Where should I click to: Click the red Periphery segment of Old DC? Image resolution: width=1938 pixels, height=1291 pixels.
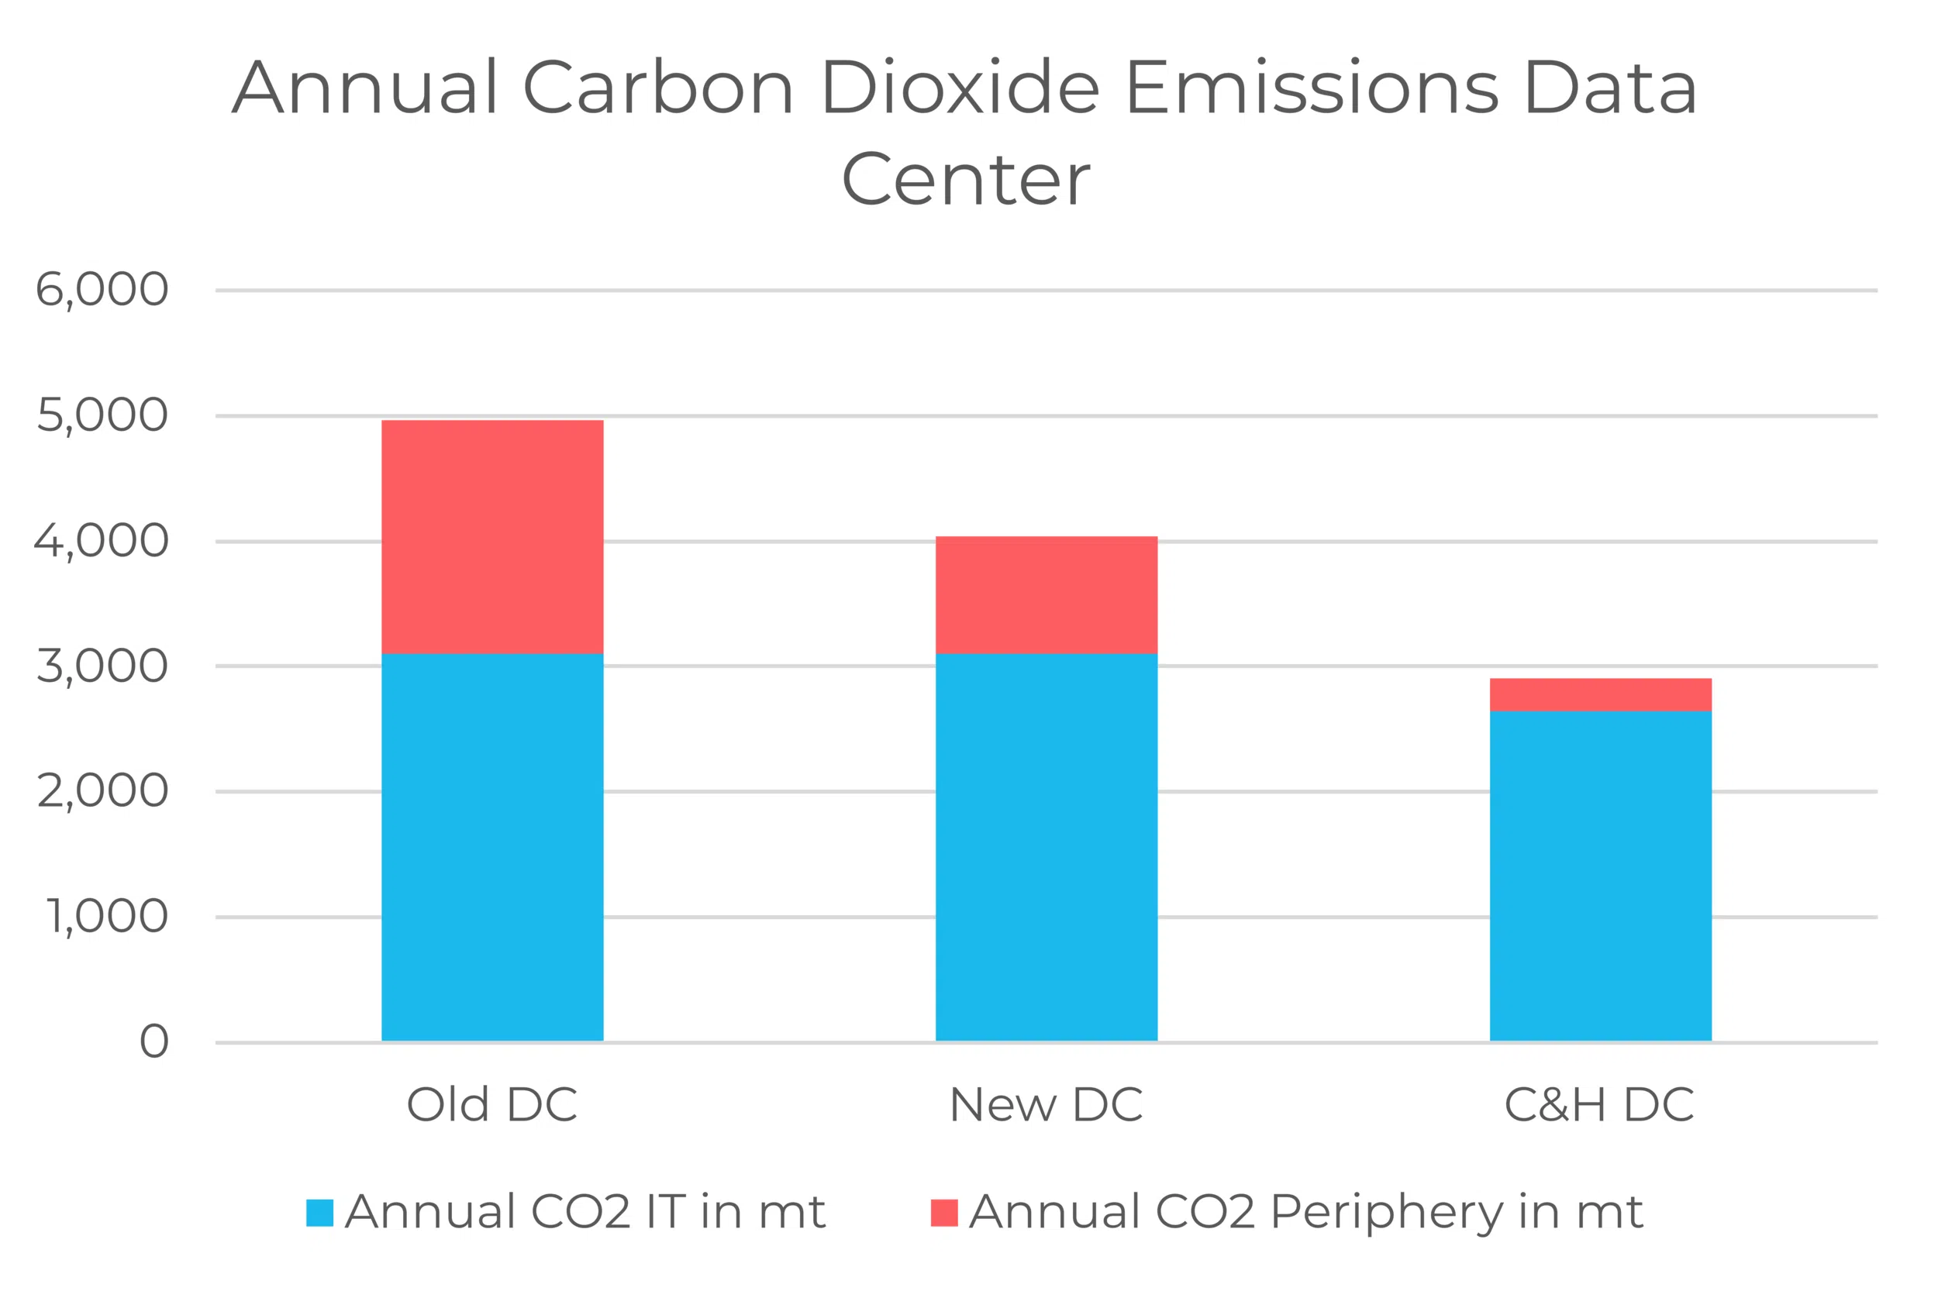491,536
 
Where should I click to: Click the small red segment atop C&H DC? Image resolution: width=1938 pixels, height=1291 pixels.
1599,694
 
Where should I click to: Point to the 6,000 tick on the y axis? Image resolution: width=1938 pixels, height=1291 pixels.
102,290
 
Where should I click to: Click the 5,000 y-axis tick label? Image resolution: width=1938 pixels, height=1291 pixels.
102,415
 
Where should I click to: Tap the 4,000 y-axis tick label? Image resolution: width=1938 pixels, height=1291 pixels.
102,541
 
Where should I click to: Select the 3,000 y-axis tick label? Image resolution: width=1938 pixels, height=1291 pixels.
102,666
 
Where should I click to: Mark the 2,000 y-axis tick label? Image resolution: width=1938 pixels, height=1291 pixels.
102,791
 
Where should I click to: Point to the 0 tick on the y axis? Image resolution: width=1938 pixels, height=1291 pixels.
154,1041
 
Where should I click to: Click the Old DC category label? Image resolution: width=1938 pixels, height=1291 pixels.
491,1105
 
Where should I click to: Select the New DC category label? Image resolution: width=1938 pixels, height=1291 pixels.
1045,1105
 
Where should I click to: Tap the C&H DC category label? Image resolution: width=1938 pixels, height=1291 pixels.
1598,1105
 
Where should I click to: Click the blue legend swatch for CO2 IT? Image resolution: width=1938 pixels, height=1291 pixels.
319,1213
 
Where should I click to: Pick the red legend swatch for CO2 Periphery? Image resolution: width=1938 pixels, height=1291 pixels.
944,1213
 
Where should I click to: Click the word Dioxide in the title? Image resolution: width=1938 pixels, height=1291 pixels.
960,88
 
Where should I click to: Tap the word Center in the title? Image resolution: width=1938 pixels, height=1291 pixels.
965,180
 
